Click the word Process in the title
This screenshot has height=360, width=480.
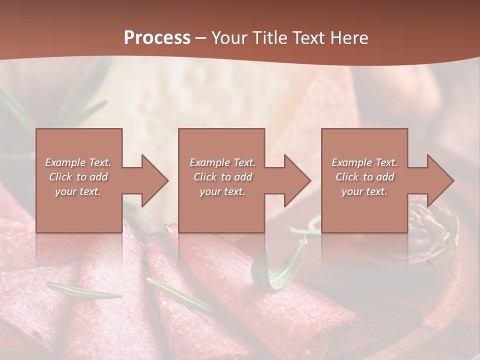coord(157,38)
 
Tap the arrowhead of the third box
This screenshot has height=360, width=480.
coord(439,180)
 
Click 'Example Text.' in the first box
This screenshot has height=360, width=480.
coord(78,162)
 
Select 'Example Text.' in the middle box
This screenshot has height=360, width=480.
coord(222,162)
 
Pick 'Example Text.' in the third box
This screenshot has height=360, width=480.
coord(364,162)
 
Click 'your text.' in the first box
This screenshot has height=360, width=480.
coord(78,191)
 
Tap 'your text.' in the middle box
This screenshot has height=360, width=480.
coord(222,191)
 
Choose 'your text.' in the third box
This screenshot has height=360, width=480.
coord(364,191)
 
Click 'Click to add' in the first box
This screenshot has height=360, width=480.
coord(78,177)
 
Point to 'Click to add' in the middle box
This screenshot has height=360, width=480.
coord(222,177)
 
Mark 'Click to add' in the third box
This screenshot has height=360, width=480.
coord(364,177)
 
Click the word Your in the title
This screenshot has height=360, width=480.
coord(228,38)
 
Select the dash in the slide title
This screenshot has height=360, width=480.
coord(200,38)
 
